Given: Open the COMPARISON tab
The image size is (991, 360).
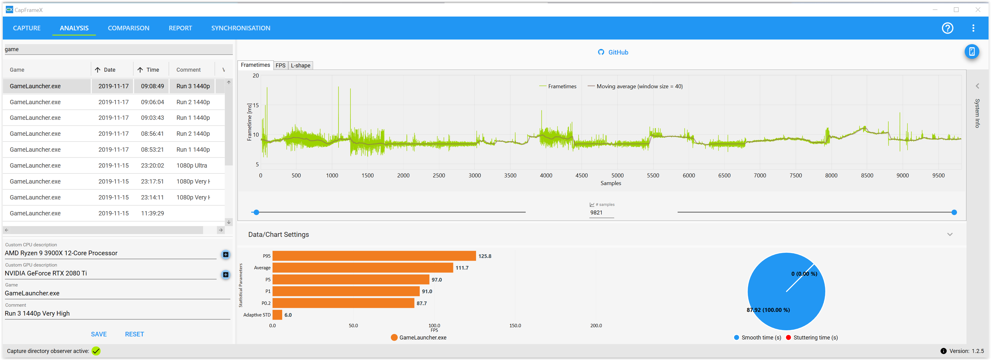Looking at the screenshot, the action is coord(128,28).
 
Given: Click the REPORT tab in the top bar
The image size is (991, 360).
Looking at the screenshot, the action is coord(180,28).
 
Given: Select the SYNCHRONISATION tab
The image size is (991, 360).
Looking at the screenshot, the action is coord(241,28).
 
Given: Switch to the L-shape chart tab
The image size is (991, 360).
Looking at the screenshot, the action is coord(301,65).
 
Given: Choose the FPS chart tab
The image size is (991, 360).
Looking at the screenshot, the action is coord(280,65).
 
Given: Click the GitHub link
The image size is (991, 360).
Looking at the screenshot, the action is coord(613,52).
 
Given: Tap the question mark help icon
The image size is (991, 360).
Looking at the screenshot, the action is coord(947,28).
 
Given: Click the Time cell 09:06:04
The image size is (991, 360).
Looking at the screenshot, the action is coord(152,102).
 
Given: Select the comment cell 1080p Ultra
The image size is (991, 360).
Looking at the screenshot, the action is coord(191,165).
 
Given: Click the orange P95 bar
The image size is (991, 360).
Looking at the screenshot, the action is coord(374,256).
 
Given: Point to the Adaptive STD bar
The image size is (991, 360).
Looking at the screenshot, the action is coord(277,315).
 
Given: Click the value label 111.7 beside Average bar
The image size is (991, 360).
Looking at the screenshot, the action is coord(462,268).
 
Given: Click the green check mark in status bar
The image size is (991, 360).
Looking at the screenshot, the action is coord(96,351).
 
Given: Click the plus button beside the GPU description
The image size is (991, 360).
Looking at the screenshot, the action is coord(226,275).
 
